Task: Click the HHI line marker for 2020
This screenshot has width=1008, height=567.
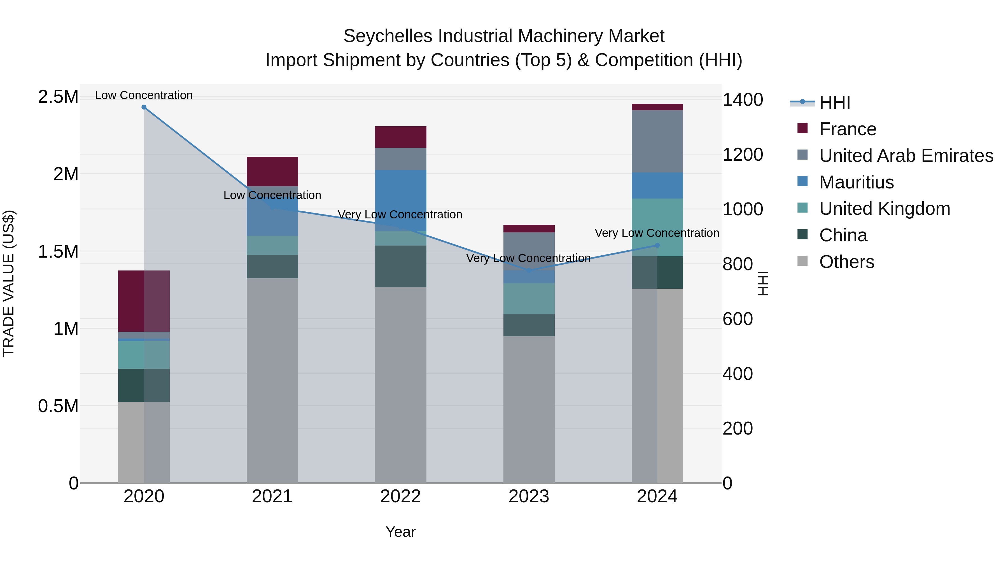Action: pyautogui.click(x=144, y=107)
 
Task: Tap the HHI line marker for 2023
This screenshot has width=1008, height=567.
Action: pyautogui.click(x=529, y=270)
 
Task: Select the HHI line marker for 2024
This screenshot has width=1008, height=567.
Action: pyautogui.click(x=657, y=245)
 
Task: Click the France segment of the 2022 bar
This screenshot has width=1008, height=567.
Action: pyautogui.click(x=400, y=137)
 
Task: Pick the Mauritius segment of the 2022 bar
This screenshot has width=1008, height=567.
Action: pyautogui.click(x=400, y=200)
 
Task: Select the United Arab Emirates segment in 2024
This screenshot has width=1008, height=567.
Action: pyautogui.click(x=657, y=141)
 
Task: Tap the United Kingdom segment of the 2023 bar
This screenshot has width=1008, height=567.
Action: pyautogui.click(x=529, y=298)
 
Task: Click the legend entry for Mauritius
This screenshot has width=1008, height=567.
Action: pyautogui.click(x=856, y=182)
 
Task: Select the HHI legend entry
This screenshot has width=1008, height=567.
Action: pyautogui.click(x=834, y=102)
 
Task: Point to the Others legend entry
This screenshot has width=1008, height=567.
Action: pyautogui.click(x=846, y=262)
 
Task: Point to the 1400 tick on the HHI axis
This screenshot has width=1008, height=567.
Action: pyautogui.click(x=742, y=100)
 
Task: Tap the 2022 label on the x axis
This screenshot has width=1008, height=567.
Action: pyautogui.click(x=400, y=496)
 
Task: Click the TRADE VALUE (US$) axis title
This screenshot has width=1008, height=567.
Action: pyautogui.click(x=9, y=283)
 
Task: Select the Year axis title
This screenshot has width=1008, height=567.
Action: pyautogui.click(x=400, y=532)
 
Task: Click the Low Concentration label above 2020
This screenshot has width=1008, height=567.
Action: pyautogui.click(x=144, y=95)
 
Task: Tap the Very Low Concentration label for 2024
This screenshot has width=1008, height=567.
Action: pyautogui.click(x=657, y=233)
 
